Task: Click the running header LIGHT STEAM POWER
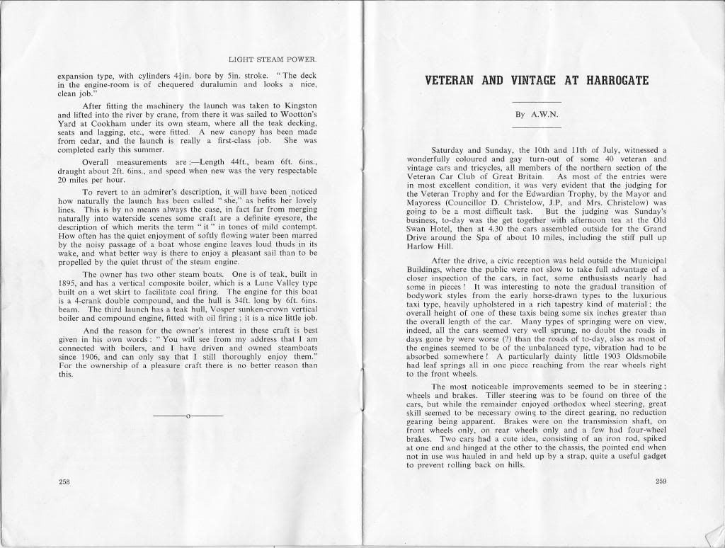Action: [x=273, y=59]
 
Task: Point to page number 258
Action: [x=64, y=481]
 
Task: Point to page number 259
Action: [x=661, y=481]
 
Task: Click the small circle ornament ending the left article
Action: [x=189, y=416]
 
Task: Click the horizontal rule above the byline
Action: [x=536, y=101]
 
